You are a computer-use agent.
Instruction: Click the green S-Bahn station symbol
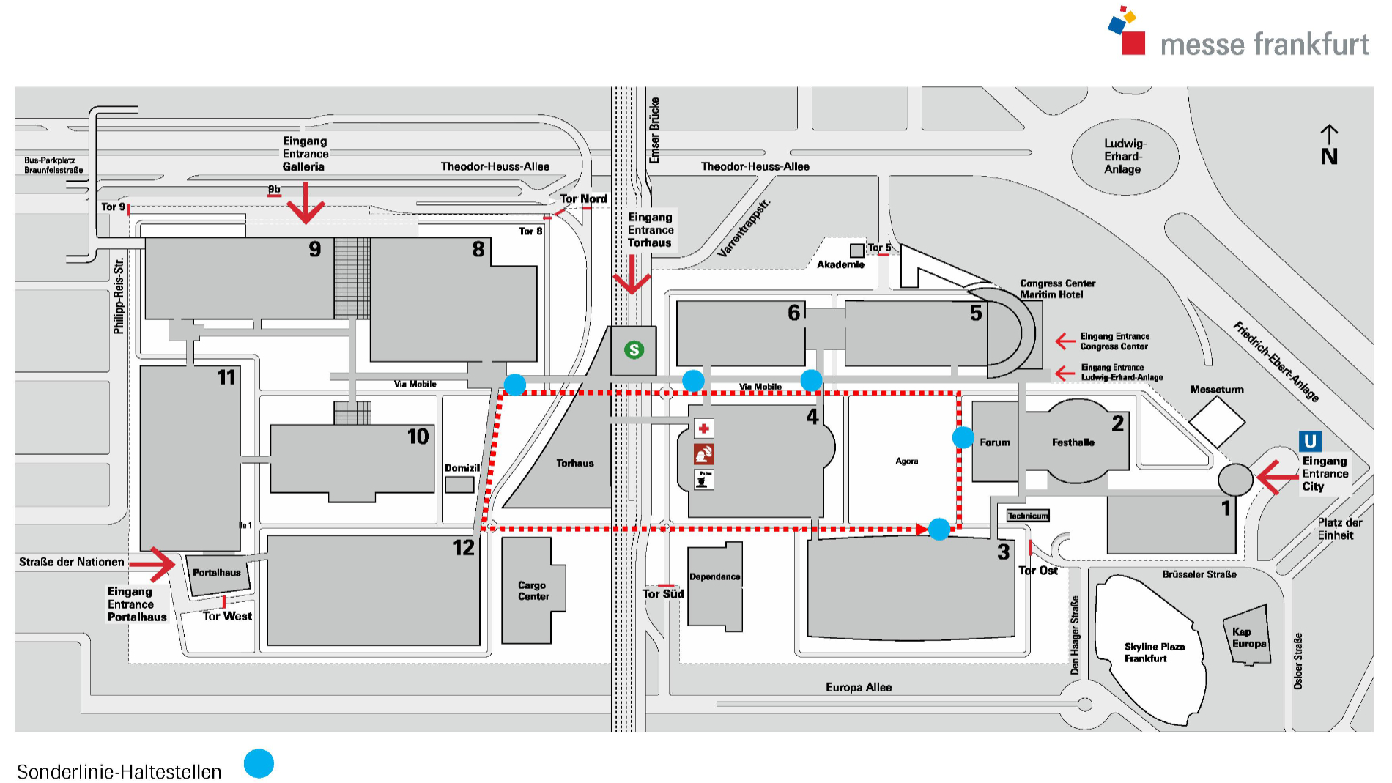[x=634, y=350]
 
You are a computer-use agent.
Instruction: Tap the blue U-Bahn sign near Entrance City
[x=1310, y=441]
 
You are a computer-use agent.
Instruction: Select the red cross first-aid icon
[x=703, y=428]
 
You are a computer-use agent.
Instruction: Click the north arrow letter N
[x=1329, y=157]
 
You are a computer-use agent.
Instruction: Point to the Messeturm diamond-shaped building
[x=1216, y=421]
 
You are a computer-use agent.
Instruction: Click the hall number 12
[x=464, y=548]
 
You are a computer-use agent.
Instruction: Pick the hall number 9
[x=315, y=250]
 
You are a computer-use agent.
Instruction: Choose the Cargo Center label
[x=533, y=590]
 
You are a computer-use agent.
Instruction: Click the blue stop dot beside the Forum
[x=963, y=438]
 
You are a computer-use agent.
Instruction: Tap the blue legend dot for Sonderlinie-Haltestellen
[x=259, y=763]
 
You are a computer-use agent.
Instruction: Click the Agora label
[x=906, y=461]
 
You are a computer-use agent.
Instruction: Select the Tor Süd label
[x=663, y=594]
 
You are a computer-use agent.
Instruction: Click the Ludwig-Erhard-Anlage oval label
[x=1124, y=156]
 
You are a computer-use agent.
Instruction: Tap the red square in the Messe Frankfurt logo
[x=1133, y=42]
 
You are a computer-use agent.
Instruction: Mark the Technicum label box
[x=1028, y=516]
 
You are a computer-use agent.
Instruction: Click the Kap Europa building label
[x=1248, y=638]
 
